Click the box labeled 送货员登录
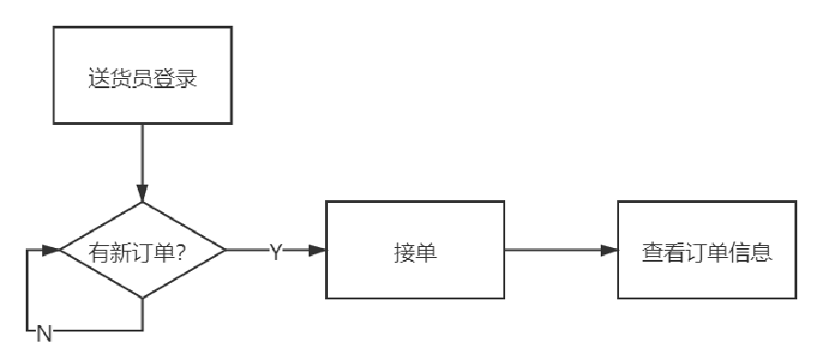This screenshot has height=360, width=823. click(x=142, y=75)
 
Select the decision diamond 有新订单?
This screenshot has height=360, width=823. click(x=142, y=250)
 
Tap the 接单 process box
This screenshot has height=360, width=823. click(x=416, y=250)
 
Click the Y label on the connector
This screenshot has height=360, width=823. click(x=275, y=251)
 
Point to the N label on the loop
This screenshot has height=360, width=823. click(x=43, y=334)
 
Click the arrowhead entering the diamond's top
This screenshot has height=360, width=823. click(x=142, y=196)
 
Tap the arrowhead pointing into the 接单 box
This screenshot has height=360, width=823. click(x=319, y=250)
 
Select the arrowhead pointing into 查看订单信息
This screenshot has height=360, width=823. click(x=609, y=250)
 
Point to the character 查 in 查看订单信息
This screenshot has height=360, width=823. click(x=651, y=250)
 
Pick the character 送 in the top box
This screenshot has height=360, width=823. click(x=97, y=76)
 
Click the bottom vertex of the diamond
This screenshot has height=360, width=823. click(x=142, y=298)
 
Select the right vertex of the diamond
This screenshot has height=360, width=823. click(x=226, y=250)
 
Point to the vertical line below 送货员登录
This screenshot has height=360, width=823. click(x=142, y=156)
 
